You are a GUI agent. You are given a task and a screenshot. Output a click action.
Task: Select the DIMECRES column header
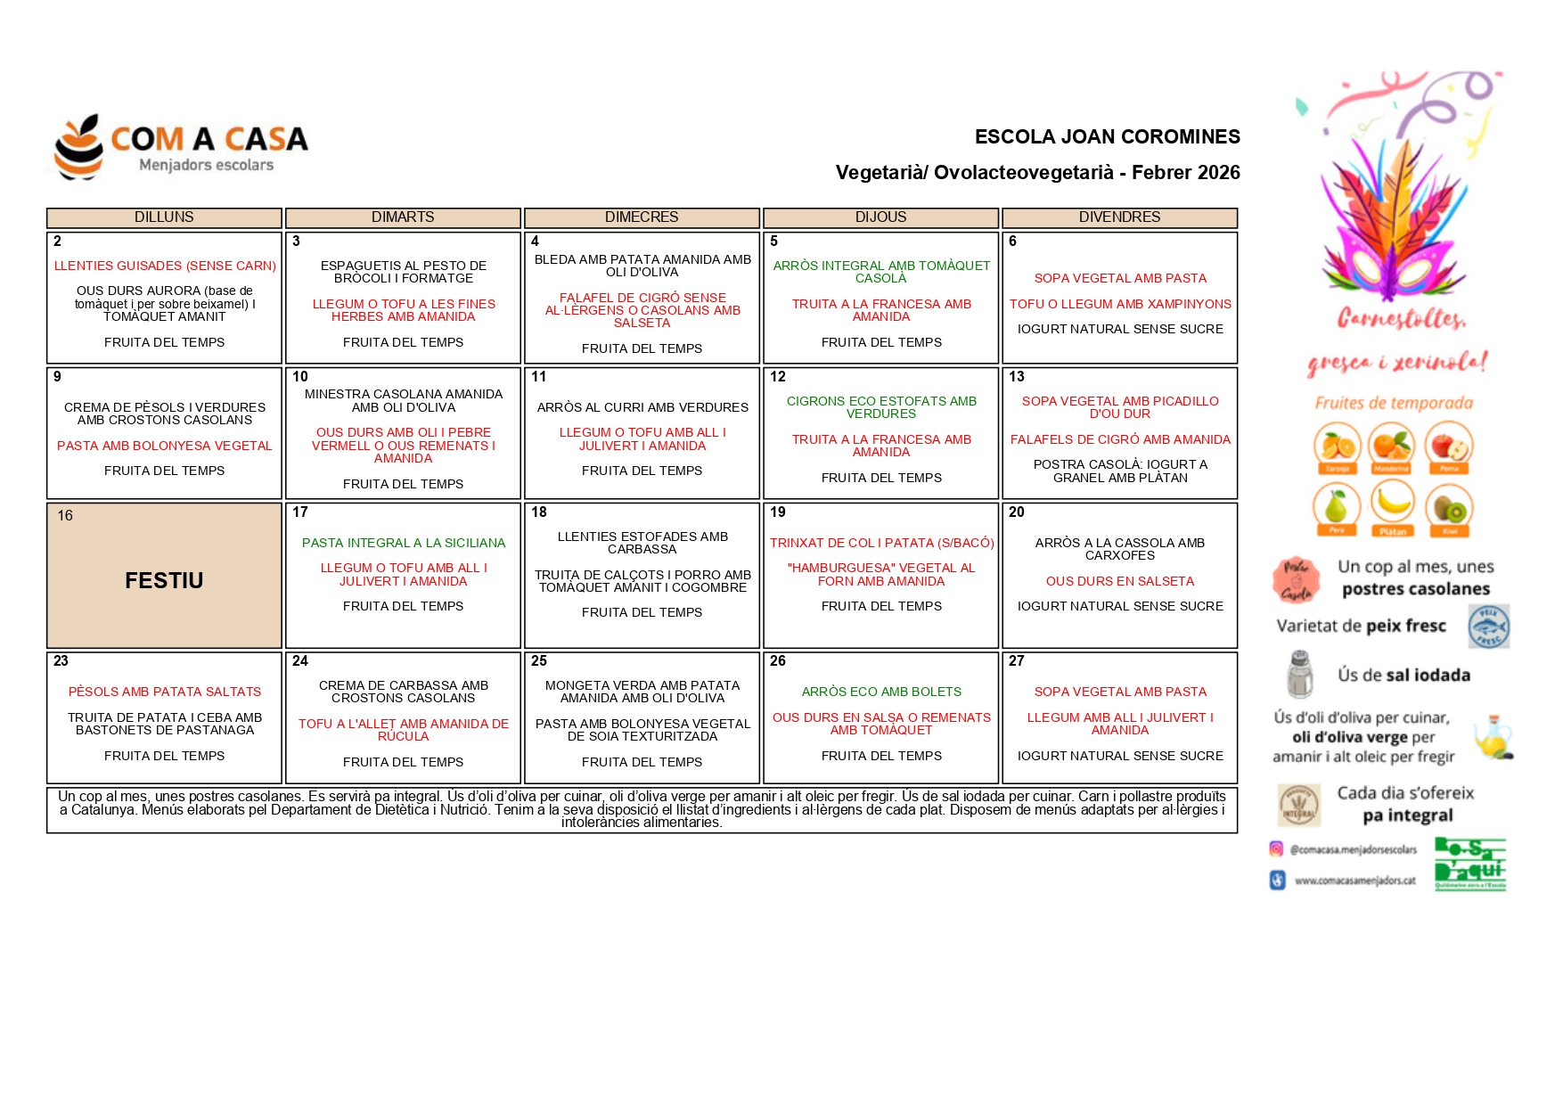pos(642,217)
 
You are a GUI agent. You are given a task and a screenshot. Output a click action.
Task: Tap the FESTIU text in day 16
pos(164,581)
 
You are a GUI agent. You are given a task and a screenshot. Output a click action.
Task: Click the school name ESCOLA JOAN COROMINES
pos(1107,137)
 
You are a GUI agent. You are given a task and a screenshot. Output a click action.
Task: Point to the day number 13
pos(1017,377)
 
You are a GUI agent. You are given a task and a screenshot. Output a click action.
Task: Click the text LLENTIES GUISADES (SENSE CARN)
pos(165,266)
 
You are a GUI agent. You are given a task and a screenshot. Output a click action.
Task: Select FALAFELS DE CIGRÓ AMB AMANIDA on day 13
pos(1120,439)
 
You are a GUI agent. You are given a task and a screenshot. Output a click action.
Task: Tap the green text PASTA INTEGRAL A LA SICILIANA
pos(403,543)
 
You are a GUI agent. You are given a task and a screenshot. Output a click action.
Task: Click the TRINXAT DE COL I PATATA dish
pos(881,543)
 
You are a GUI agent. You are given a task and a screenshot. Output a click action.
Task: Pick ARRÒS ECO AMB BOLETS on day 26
pos(881,692)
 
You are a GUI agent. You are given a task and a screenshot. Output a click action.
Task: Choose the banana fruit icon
pos(1392,504)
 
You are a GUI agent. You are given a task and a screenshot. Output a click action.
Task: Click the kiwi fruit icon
pos(1449,508)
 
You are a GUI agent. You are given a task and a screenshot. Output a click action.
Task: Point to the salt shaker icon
pos(1300,674)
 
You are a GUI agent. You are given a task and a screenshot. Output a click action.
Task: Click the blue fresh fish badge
pos(1488,626)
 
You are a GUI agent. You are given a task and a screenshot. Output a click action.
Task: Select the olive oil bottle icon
pos(1493,737)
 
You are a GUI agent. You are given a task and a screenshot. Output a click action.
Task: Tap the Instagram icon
pos(1276,849)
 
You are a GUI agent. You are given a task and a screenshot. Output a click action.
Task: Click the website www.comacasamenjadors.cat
pos(1354,881)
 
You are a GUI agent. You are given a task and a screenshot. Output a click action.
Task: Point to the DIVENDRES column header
pos(1119,217)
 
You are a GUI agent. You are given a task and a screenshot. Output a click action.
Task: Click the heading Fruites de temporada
pos(1394,404)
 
